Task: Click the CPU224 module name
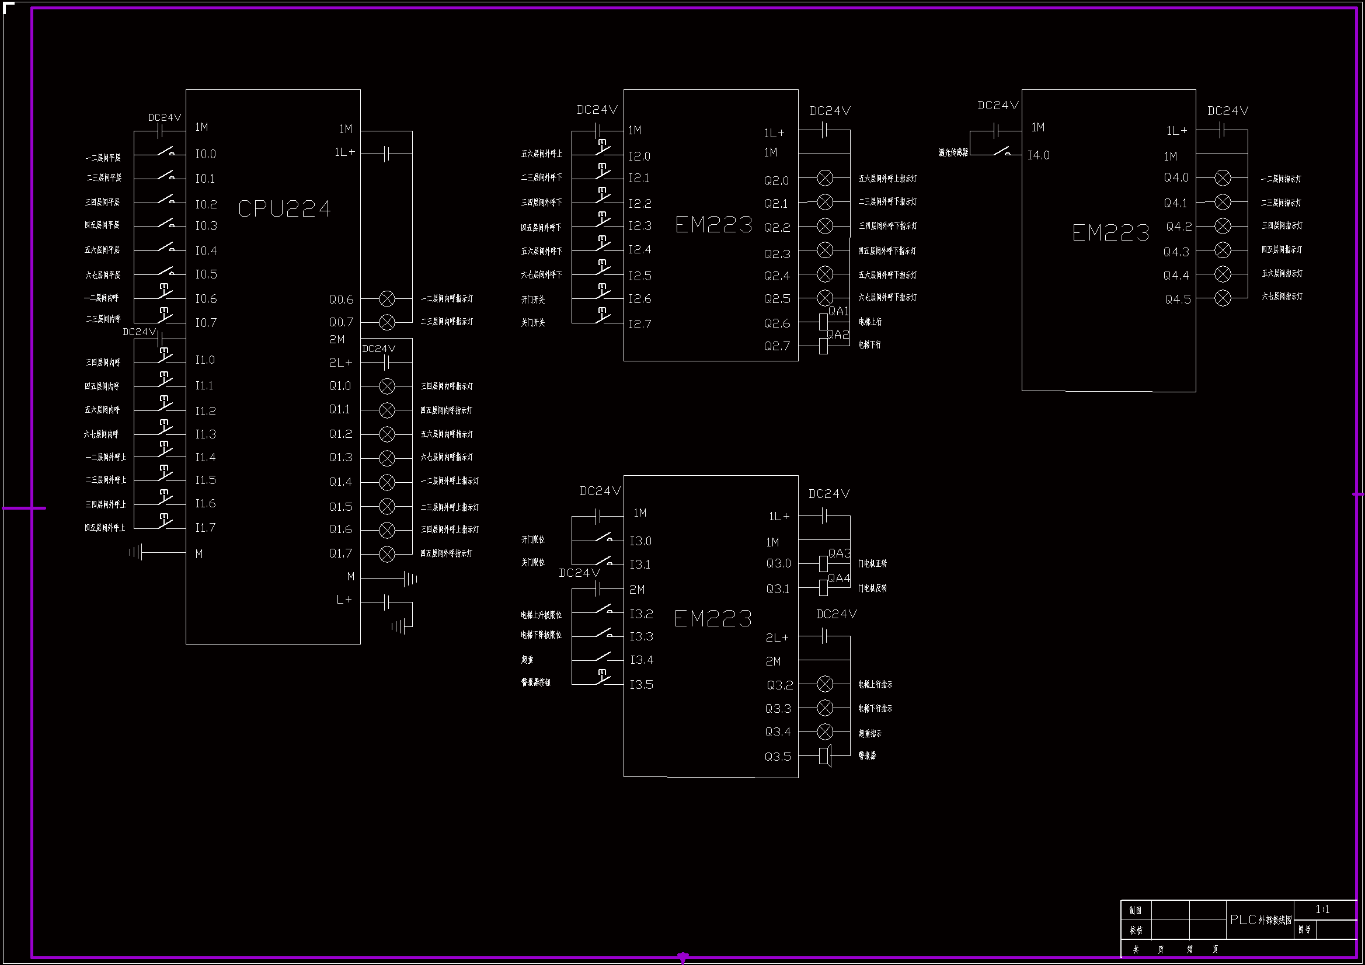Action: coord(284,208)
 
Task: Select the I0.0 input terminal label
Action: coord(206,154)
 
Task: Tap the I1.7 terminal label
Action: coord(206,527)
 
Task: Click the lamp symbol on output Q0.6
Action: coord(387,298)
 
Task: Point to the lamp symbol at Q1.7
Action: coord(387,554)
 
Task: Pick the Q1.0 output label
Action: coord(340,386)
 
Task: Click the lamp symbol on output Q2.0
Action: coord(825,178)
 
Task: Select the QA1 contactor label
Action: coord(838,311)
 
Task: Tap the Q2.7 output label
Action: coord(777,346)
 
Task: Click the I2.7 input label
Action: coord(640,324)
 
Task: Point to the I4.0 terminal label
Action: coord(1039,155)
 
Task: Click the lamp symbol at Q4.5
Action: coord(1223,298)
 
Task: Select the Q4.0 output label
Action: coord(1176,178)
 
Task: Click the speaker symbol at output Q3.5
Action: coord(825,757)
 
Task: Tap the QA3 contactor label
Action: coord(840,553)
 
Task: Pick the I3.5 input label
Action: coord(642,685)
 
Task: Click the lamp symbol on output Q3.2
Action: coord(825,684)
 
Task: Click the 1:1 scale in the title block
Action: coord(1322,910)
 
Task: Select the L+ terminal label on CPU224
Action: coord(344,600)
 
